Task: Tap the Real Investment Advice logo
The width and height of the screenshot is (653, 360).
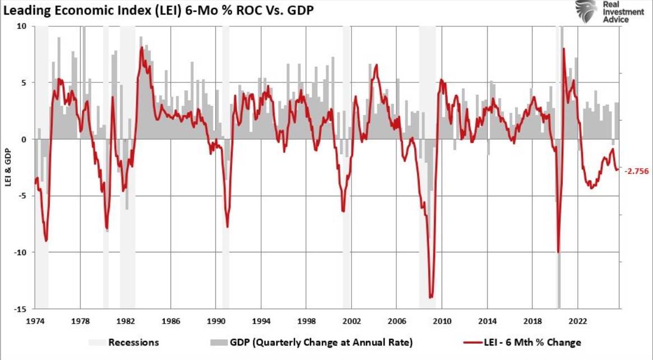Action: coord(603,12)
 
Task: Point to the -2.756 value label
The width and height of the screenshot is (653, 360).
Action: coord(636,172)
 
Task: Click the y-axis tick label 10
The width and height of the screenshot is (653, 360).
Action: coord(21,26)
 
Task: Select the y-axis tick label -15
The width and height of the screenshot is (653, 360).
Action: coord(20,309)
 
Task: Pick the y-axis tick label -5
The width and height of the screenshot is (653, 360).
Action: coord(21,196)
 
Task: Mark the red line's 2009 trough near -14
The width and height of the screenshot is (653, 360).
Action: coord(431,297)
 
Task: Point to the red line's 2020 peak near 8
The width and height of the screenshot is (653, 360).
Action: coord(563,49)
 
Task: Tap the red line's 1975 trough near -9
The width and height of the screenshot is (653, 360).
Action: coord(46,241)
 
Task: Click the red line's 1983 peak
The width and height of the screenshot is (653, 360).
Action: coord(142,48)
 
